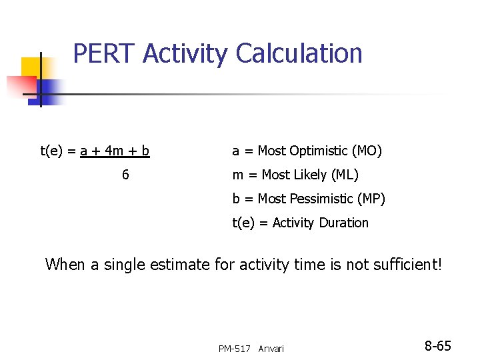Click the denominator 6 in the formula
pyautogui.click(x=125, y=175)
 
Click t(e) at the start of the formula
pyautogui.click(x=53, y=151)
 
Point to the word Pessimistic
pyautogui.click(x=321, y=199)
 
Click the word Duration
pyautogui.click(x=343, y=223)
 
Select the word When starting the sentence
pyautogui.click(x=65, y=264)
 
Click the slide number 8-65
pyautogui.click(x=438, y=346)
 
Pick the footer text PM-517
pyautogui.click(x=234, y=349)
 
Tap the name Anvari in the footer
pyautogui.click(x=271, y=349)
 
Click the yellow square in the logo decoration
pyautogui.click(x=32, y=67)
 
